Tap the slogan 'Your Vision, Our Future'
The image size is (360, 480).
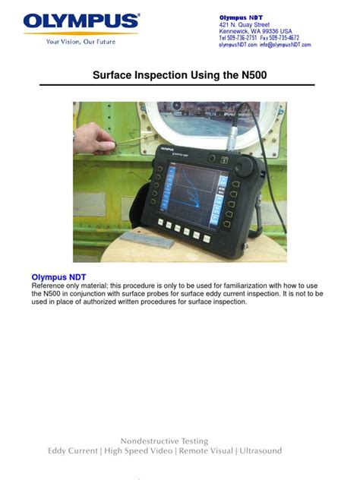click(81, 42)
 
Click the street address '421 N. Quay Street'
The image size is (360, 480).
click(245, 24)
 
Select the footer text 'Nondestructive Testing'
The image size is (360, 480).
click(164, 441)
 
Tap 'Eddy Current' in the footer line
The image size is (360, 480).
click(72, 451)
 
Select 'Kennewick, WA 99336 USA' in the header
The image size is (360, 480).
click(256, 31)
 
